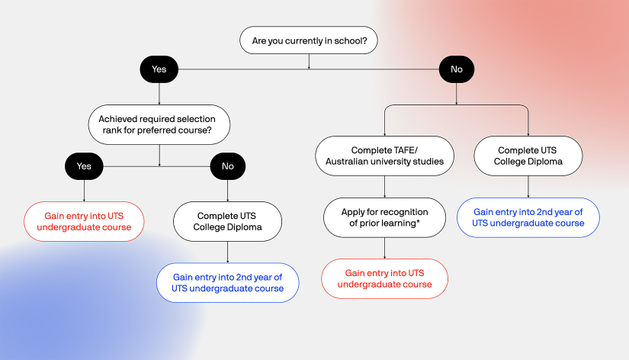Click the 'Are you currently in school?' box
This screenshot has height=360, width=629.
[308, 40]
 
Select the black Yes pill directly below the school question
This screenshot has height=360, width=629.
[159, 69]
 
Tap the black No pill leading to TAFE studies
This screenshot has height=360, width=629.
[456, 69]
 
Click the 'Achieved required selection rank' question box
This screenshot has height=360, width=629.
[159, 124]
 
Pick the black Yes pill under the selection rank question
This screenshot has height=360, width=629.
[84, 166]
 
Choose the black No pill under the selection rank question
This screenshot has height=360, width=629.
[227, 166]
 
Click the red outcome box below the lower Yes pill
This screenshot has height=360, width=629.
[84, 221]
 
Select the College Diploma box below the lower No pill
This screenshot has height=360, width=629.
[227, 221]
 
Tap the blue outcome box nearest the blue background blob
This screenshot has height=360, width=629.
[227, 283]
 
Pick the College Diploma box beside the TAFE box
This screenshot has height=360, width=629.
[528, 156]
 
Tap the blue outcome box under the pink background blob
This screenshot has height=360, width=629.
[528, 217]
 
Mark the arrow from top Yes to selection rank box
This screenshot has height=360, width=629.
[159, 92]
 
